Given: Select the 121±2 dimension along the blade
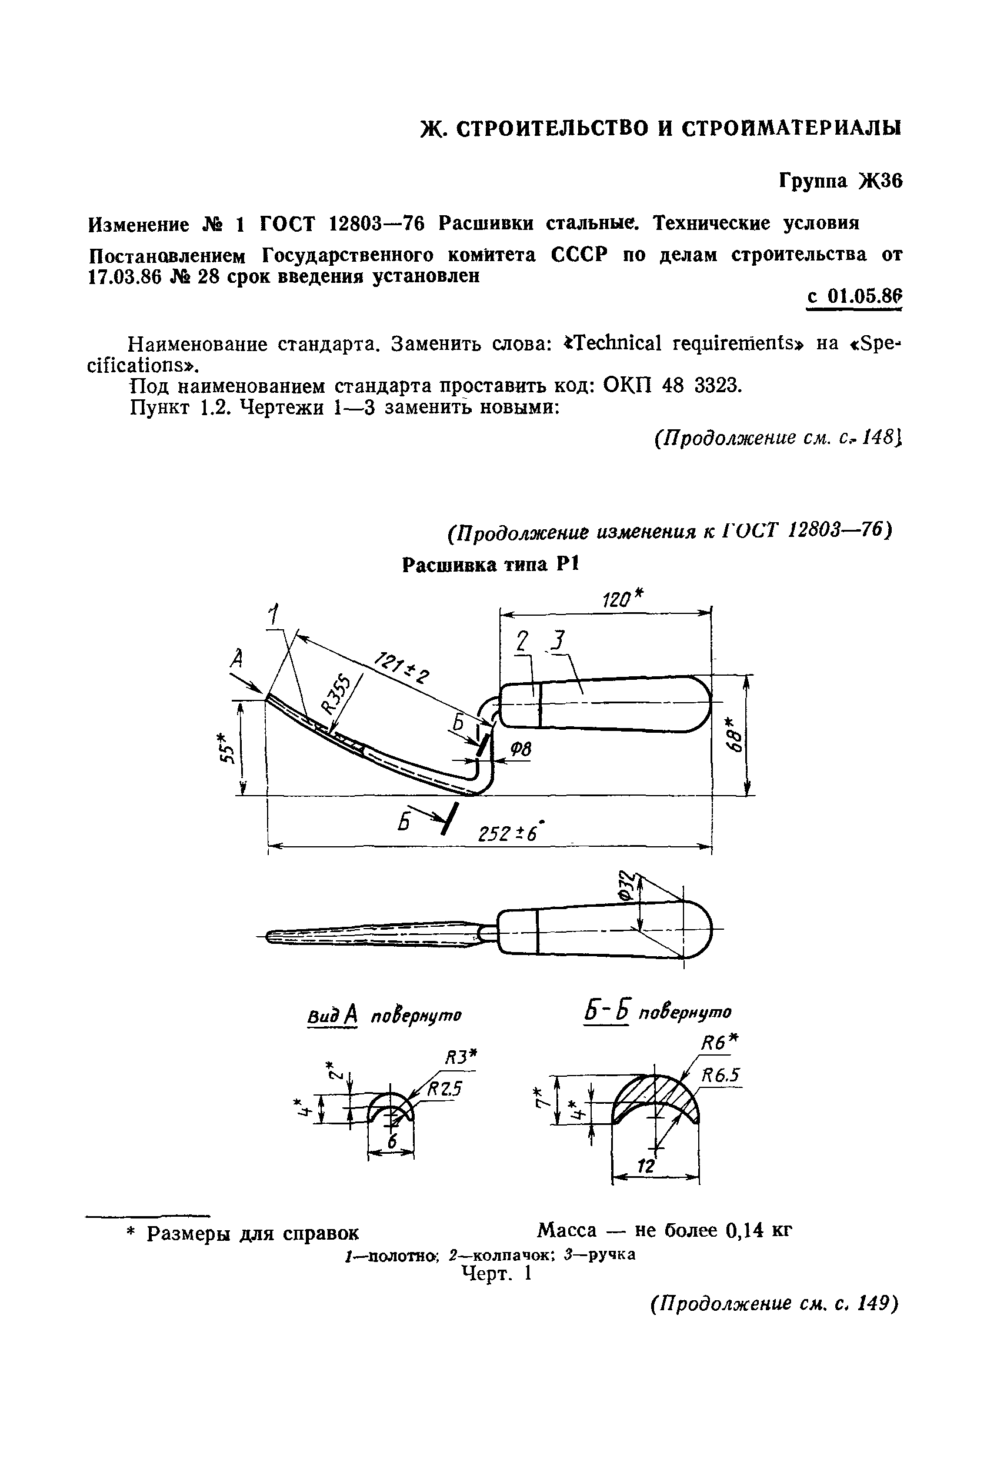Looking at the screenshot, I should tap(402, 667).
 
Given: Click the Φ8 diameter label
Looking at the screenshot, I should tap(520, 750).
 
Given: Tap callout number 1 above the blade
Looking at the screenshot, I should tap(273, 613).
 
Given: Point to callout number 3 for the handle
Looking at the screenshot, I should tap(558, 641).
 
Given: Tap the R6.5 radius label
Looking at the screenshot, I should tap(720, 1076).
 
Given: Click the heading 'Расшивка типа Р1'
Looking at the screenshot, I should tap(489, 565).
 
